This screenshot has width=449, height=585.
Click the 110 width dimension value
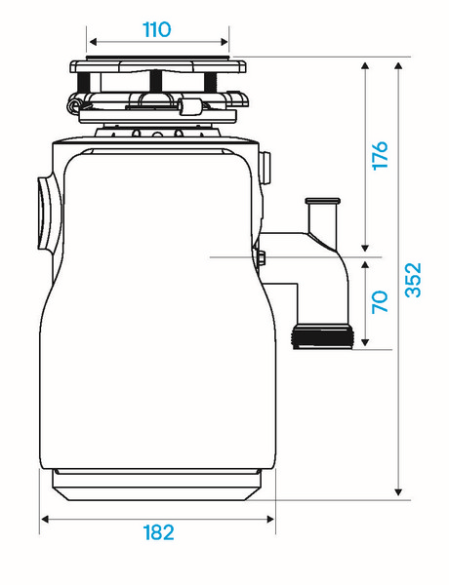[x=157, y=30]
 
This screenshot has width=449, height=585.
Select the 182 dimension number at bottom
[x=159, y=532]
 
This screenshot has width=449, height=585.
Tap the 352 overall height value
[x=413, y=280]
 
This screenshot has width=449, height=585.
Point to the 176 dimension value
[x=381, y=156]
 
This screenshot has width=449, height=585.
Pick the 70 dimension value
[x=381, y=301]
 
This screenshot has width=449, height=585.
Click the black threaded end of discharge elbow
[x=322, y=336]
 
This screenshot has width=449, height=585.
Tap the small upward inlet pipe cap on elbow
[x=323, y=201]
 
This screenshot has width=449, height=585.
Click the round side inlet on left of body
[x=49, y=213]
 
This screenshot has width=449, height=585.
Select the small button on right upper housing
[x=265, y=168]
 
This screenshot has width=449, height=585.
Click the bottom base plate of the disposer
[x=157, y=485]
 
